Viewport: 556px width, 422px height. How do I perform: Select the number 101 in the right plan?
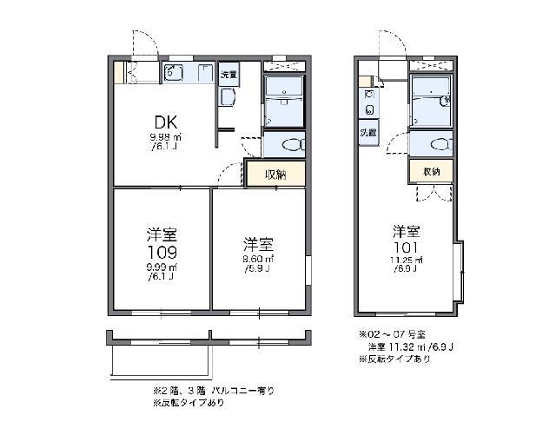[407, 247]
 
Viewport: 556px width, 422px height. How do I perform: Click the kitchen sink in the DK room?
[172, 73]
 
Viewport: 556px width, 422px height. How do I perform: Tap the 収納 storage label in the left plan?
[275, 174]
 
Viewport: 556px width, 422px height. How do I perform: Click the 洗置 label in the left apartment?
[228, 73]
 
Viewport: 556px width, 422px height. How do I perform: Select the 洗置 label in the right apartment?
[369, 133]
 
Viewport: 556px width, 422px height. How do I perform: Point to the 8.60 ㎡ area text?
[260, 259]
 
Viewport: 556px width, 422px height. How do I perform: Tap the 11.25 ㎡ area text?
[406, 261]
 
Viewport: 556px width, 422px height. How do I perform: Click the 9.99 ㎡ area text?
[162, 267]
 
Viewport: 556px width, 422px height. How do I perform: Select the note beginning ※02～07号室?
[393, 334]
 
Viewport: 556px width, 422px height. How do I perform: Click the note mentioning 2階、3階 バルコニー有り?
[214, 391]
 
